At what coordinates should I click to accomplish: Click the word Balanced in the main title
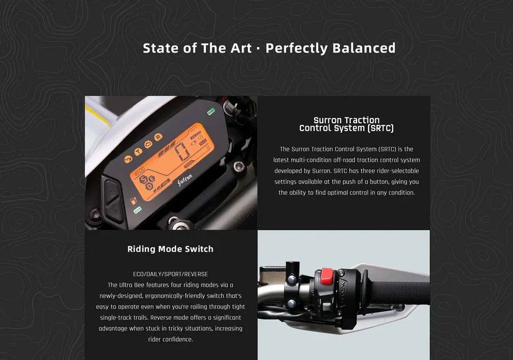(363, 48)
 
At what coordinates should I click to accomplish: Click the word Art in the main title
(241, 48)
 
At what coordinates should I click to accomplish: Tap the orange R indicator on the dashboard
(158, 137)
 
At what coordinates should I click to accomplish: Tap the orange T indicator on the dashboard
(138, 151)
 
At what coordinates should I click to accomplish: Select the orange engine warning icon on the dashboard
(148, 144)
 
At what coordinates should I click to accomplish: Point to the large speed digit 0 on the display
(182, 151)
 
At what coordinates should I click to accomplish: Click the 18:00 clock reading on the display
(139, 171)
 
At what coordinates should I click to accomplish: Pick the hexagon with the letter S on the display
(144, 179)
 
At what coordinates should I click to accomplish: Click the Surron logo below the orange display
(185, 179)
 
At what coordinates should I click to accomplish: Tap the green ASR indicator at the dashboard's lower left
(138, 210)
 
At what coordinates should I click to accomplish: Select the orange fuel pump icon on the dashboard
(134, 200)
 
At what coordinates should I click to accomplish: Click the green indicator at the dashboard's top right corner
(211, 112)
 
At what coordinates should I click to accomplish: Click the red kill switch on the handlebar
(326, 276)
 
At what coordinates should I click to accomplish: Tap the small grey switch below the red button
(327, 307)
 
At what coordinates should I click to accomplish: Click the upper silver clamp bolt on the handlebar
(292, 280)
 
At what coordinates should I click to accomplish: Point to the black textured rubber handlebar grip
(399, 294)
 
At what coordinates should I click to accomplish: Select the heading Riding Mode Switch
(170, 249)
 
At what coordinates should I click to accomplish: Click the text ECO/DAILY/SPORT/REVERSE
(170, 274)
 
